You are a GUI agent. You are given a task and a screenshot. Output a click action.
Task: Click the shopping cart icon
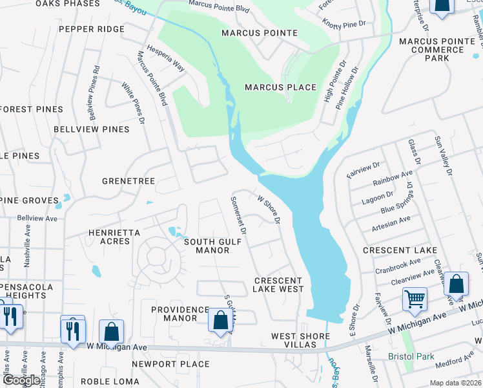[414, 299]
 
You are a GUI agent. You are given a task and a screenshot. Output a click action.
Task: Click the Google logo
[21, 381]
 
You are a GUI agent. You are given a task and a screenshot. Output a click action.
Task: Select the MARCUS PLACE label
[280, 87]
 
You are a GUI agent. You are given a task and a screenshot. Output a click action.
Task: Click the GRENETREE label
[128, 182]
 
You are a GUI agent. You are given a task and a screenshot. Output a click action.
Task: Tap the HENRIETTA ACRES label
[114, 236]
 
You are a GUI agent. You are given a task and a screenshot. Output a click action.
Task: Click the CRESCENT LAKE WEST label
[278, 285]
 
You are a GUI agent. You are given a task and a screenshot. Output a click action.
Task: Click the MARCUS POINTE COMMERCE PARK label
[437, 49]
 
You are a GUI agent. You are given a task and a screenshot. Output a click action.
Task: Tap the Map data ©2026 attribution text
[456, 383]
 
